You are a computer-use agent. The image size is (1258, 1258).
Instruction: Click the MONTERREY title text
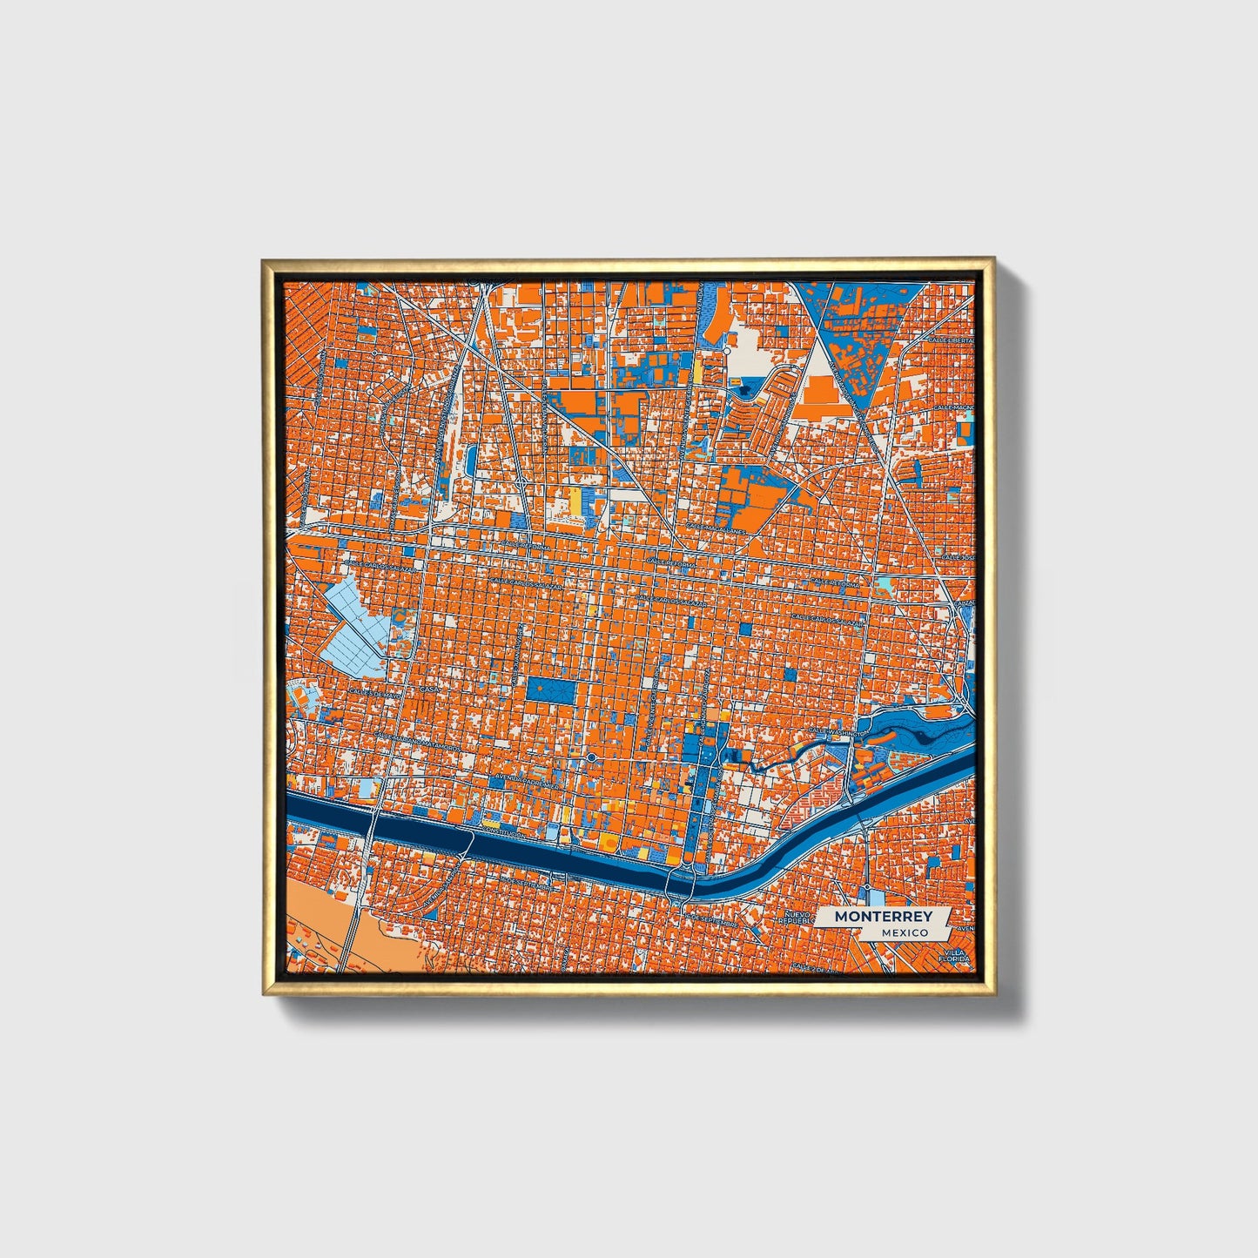883,917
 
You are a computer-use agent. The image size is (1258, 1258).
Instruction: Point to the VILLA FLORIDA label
955,957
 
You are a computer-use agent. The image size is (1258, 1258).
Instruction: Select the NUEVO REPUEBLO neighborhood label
797,918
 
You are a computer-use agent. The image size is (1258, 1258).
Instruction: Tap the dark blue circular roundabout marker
591,758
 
